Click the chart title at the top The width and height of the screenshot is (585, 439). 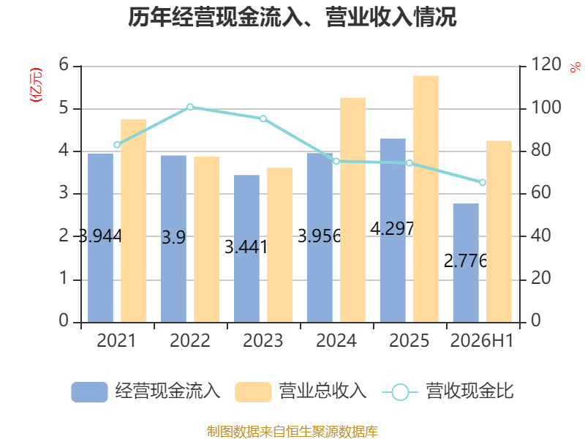292,17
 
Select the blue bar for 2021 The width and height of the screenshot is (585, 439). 100,238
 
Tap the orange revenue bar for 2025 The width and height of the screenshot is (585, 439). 426,199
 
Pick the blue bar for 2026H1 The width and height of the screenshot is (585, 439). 466,263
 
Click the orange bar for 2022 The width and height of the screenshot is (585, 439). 207,239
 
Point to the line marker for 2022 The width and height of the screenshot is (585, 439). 190,107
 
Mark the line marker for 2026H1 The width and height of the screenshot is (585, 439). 483,182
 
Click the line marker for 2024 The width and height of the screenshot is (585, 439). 336,161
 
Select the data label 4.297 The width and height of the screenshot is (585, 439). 392,229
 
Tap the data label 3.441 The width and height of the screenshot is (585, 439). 246,247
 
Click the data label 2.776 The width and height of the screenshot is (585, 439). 465,260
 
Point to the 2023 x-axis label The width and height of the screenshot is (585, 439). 263,340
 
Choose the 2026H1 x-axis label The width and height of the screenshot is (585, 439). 482,340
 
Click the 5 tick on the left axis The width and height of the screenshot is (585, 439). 64,108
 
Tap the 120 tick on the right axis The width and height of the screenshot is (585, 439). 546,64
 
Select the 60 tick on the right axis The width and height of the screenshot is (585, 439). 540,192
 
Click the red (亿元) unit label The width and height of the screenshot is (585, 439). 36,85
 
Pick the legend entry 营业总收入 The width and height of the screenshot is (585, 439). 301,391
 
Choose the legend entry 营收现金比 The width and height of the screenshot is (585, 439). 448,391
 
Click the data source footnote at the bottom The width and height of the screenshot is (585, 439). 292,432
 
